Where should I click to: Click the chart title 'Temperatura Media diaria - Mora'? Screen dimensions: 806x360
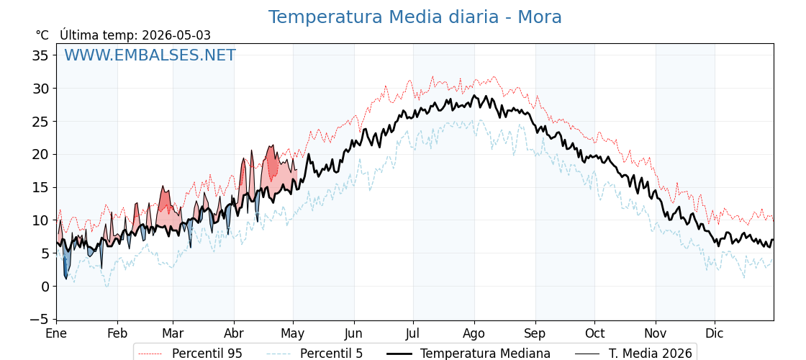[415, 17]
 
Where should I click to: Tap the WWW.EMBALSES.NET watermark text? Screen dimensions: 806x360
[150, 55]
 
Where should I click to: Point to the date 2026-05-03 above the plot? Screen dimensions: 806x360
[176, 35]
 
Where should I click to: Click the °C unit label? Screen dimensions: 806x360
[42, 35]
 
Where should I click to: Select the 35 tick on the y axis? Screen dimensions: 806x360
[40, 55]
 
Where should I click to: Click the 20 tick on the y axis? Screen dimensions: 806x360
[40, 154]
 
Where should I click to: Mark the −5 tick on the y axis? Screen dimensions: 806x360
[37, 320]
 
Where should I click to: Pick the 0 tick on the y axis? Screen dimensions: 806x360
[45, 287]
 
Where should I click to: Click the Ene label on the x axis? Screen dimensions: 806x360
[56, 333]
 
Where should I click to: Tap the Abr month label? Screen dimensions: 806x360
[234, 333]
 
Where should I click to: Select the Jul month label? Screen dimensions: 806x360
[414, 333]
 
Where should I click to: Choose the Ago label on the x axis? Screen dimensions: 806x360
[474, 333]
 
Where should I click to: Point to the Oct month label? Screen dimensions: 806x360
[594, 333]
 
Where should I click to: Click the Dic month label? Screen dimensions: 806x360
[715, 333]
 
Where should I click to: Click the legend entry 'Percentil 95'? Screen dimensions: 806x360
[207, 354]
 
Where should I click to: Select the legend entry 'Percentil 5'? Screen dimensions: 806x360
[331, 354]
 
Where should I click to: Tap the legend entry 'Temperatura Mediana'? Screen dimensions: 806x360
[485, 354]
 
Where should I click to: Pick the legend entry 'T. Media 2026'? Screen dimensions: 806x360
[651, 354]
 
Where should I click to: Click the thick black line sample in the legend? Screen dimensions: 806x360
[399, 354]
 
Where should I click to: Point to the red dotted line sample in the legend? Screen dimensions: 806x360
[151, 354]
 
